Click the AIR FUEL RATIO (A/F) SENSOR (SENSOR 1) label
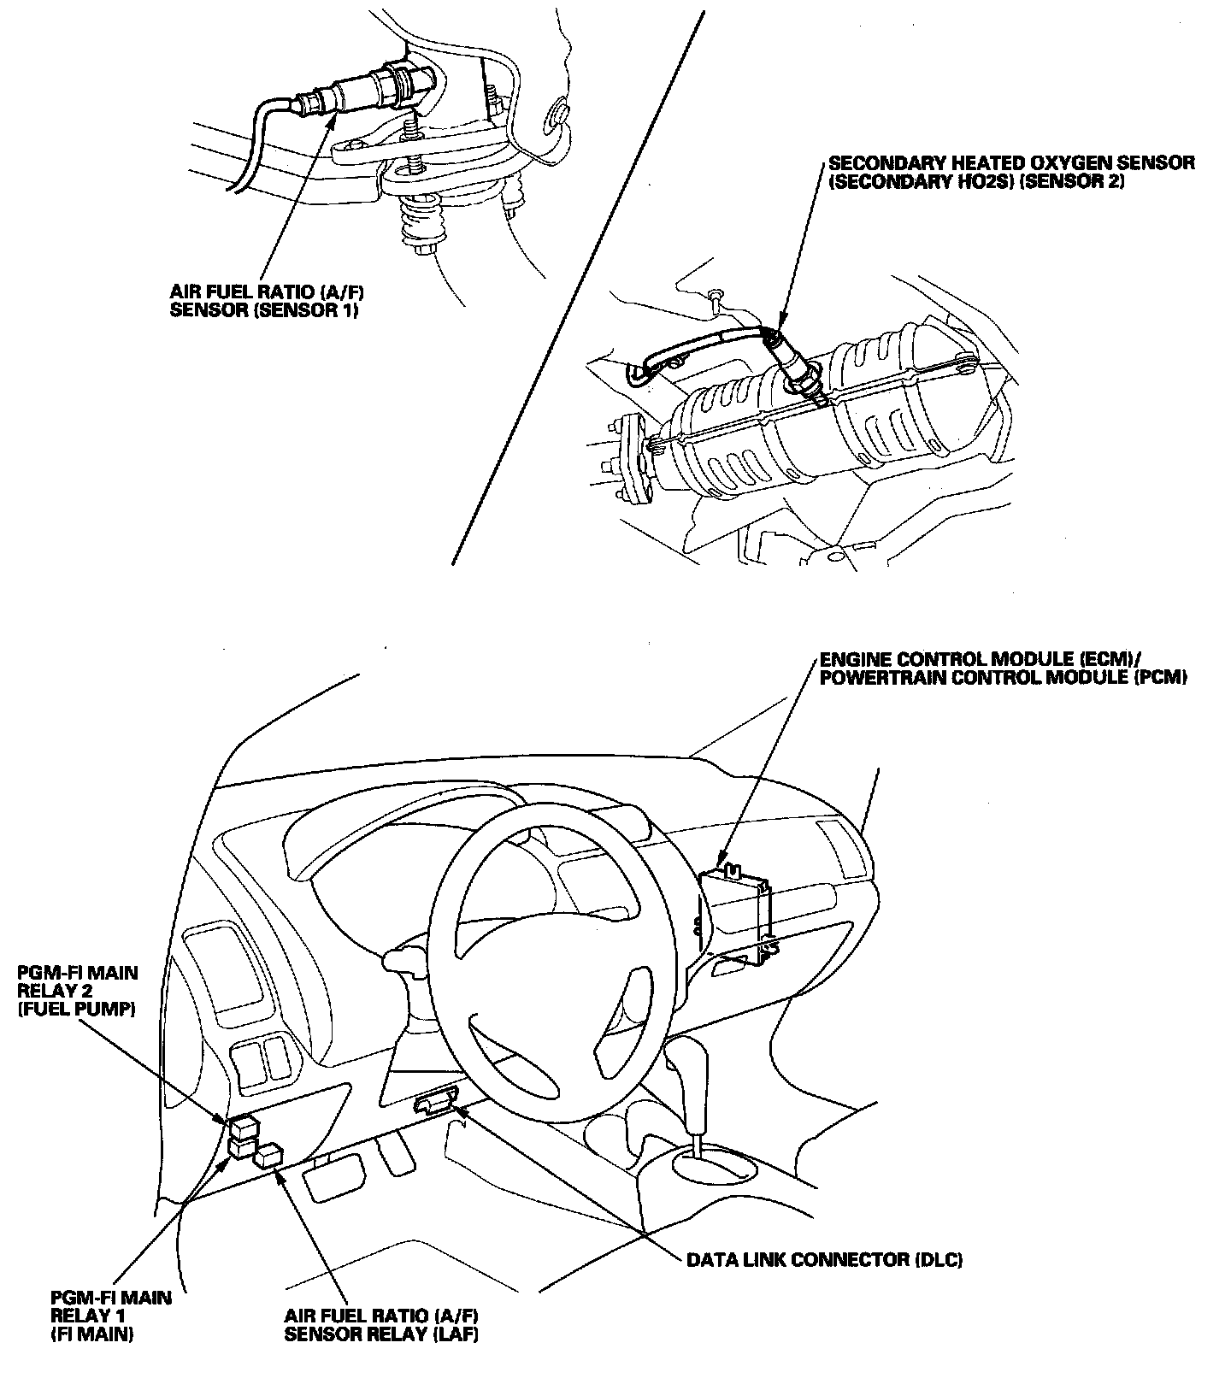pos(264,300)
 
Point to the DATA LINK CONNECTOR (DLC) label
pos(825,1260)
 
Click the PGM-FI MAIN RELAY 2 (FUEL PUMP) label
pos(77,991)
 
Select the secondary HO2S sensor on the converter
pos(793,366)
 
